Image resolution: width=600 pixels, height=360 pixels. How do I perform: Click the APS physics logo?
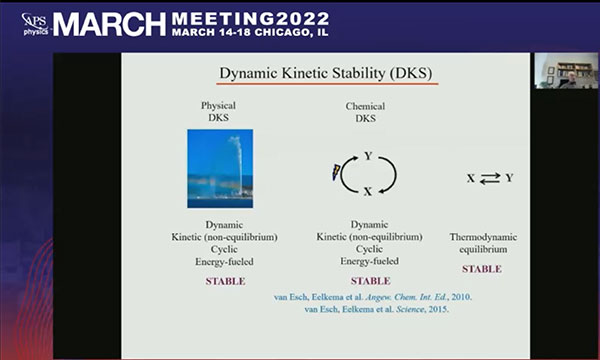coord(35,24)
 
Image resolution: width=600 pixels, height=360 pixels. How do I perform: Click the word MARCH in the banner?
coord(109,24)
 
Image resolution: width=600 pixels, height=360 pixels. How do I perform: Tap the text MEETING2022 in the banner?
coord(251,18)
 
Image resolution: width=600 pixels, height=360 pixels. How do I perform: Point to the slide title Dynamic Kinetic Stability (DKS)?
coord(326,73)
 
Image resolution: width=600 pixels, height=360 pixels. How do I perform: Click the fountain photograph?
coord(220,168)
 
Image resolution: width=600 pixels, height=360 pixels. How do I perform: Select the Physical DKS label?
coord(218,111)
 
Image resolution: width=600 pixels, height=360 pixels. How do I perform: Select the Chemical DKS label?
coord(365,112)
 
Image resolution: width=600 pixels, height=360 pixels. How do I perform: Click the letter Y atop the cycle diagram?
coord(368,156)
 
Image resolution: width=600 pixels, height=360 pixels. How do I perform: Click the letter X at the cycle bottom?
coord(368,191)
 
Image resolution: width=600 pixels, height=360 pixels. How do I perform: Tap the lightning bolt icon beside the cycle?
coord(336,172)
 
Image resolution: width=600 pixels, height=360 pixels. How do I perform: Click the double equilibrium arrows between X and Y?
coord(490,178)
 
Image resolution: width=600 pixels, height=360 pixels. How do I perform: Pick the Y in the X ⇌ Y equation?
coord(509,178)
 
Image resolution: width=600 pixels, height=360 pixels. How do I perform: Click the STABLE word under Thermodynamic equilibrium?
coord(482,269)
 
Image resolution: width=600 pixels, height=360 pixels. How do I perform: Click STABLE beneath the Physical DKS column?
coord(225,281)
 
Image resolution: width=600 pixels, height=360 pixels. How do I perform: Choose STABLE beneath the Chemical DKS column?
coord(371,281)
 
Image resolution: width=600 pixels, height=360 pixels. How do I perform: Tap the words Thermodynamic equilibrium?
coord(483,243)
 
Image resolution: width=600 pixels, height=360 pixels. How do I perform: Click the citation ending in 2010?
coord(373,297)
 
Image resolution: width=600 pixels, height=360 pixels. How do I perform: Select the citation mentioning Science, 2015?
coord(377,309)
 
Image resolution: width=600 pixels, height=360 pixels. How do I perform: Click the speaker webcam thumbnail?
coord(566,71)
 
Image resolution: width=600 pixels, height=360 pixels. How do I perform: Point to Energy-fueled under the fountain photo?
coord(224,262)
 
